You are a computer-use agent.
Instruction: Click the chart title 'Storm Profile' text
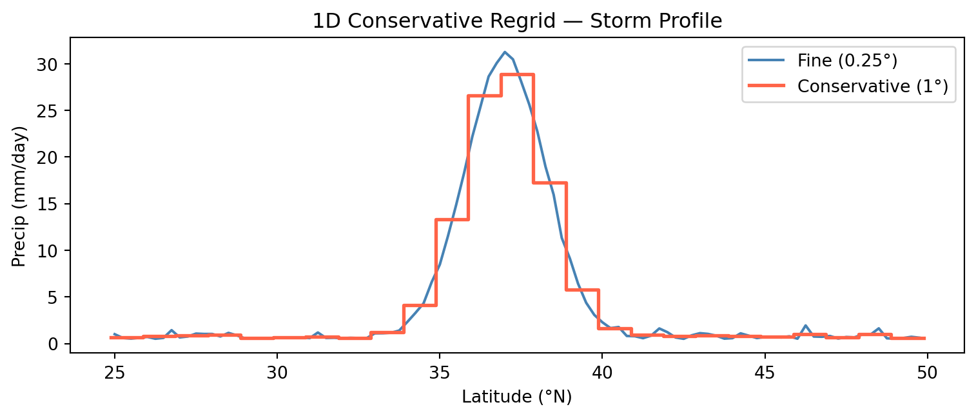point(517,21)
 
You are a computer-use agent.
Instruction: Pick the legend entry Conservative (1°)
point(873,86)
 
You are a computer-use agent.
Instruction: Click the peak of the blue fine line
point(505,52)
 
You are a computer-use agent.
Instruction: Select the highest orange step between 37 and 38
point(517,75)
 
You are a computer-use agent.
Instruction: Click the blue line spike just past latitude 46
point(805,326)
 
